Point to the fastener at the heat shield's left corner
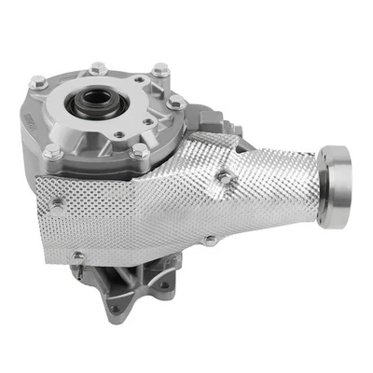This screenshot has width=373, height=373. [x=58, y=200]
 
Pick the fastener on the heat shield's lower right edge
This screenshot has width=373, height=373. [x=212, y=239]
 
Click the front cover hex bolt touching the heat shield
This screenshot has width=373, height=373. [x=138, y=151]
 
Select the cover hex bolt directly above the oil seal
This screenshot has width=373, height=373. [x=99, y=67]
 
